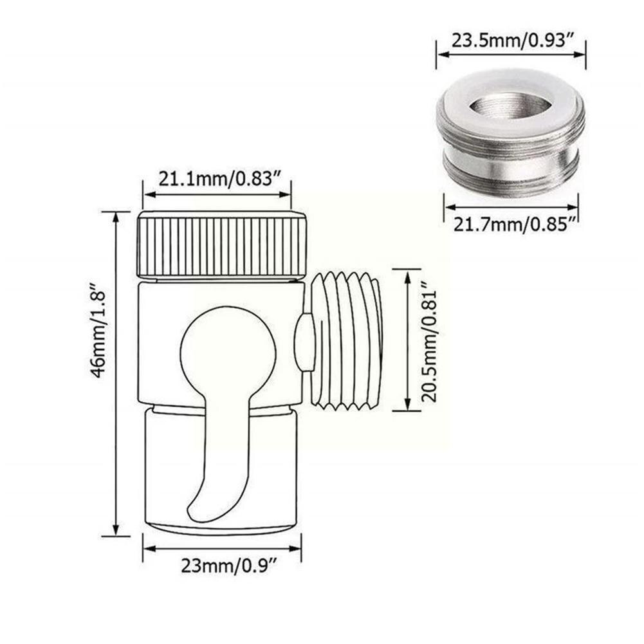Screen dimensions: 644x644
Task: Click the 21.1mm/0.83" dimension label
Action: tap(216, 179)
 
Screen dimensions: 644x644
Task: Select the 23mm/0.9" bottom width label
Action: tap(222, 566)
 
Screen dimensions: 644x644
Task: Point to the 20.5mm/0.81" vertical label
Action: tap(430, 340)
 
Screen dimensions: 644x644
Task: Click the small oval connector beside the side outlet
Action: tap(304, 341)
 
